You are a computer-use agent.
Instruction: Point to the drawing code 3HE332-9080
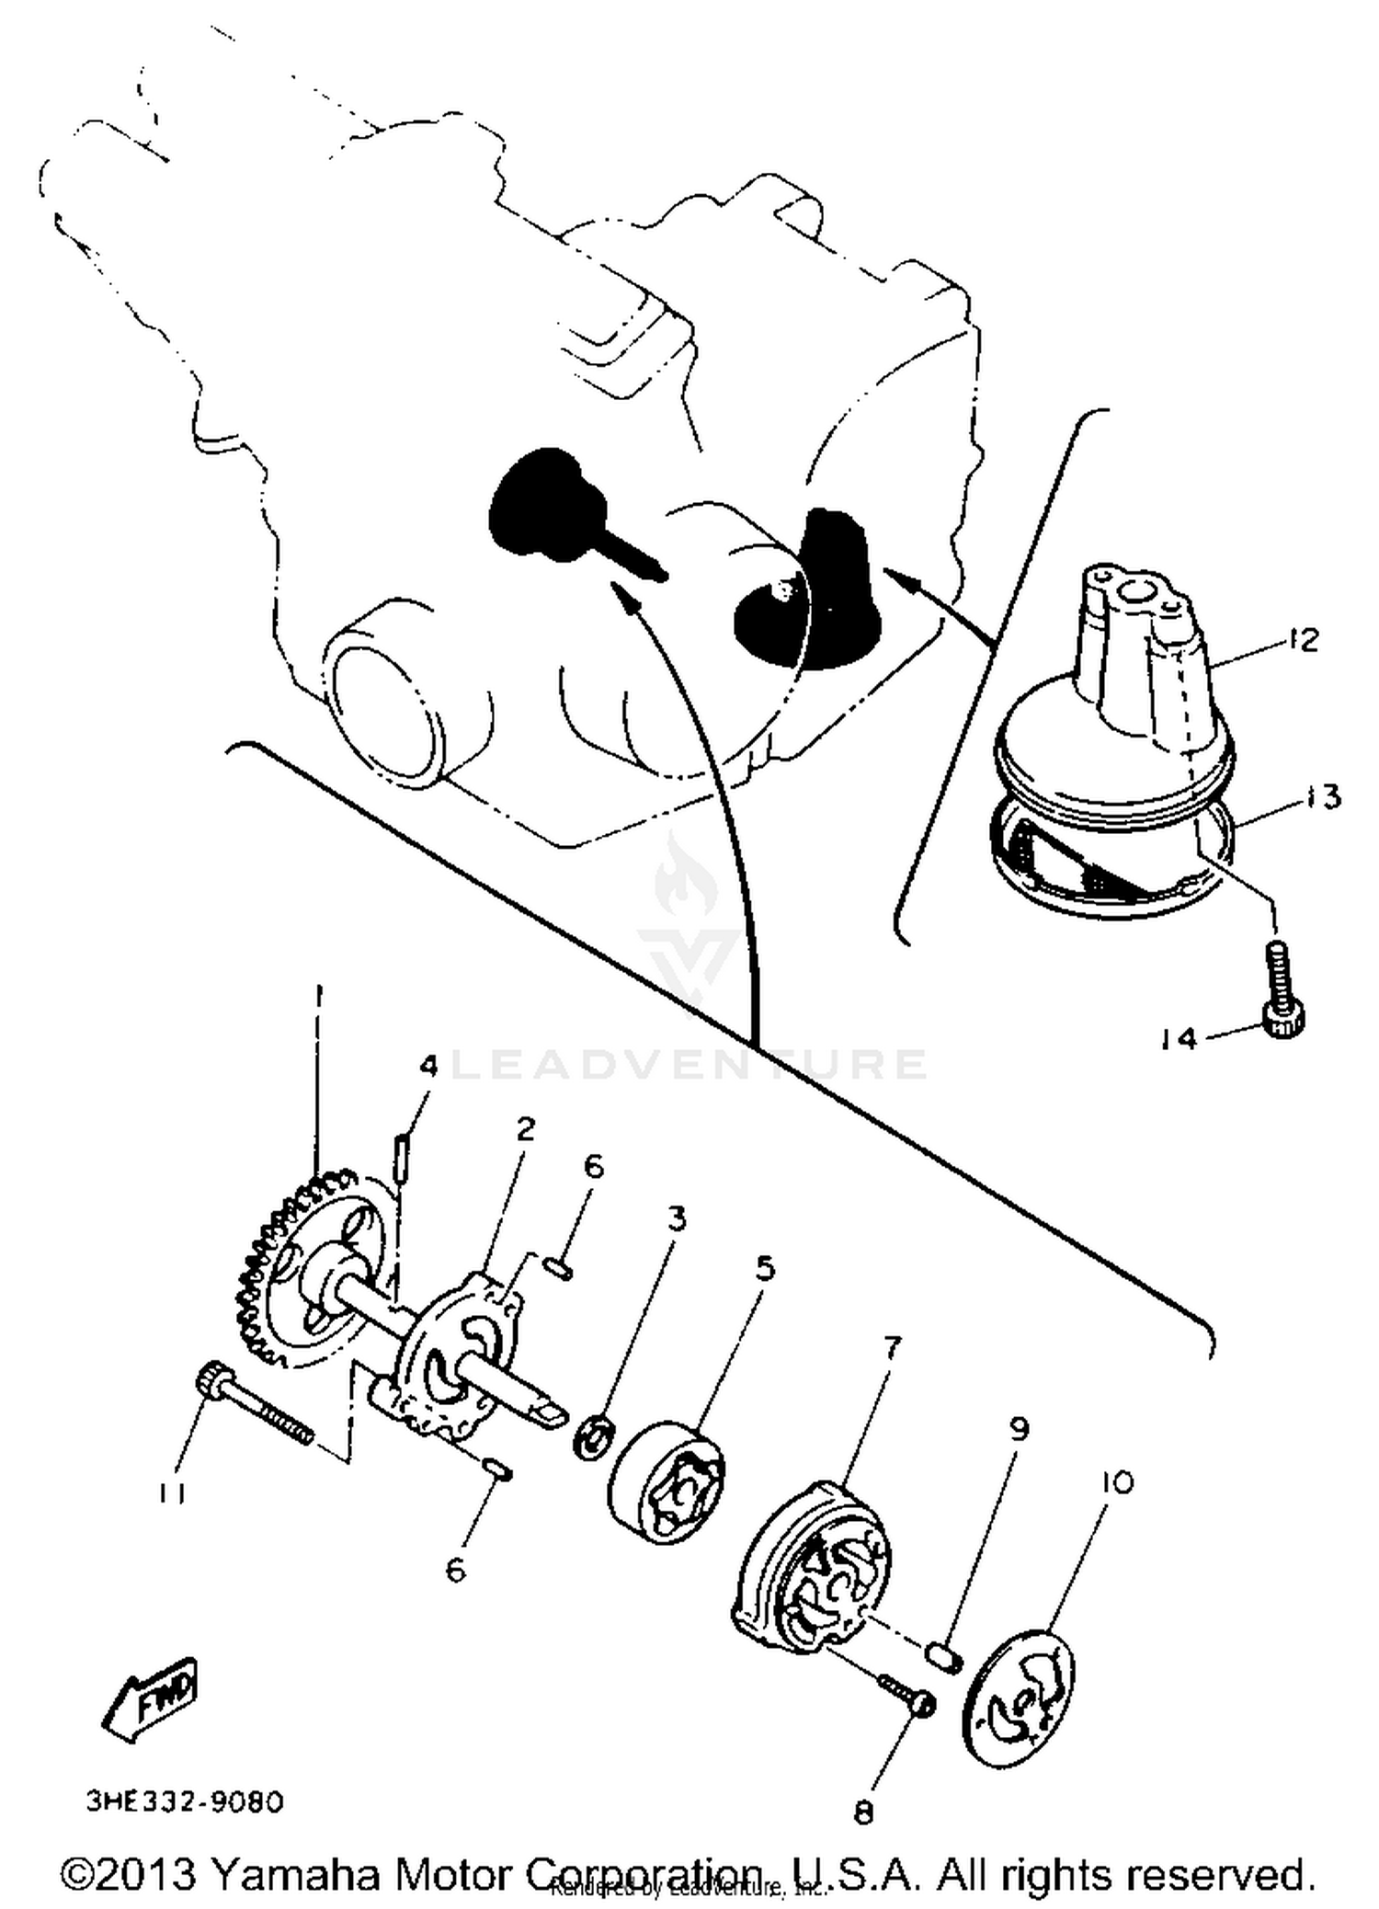click(x=185, y=1801)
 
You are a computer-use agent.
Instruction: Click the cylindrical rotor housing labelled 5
click(x=667, y=1481)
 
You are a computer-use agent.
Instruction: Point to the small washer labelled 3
click(x=593, y=1436)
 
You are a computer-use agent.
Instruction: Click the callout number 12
click(x=1303, y=639)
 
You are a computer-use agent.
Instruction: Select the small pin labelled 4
click(x=402, y=1155)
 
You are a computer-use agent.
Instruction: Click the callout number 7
click(x=891, y=1349)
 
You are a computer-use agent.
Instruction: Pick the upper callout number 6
click(x=594, y=1166)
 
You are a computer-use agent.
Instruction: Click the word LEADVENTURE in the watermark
click(x=689, y=1065)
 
